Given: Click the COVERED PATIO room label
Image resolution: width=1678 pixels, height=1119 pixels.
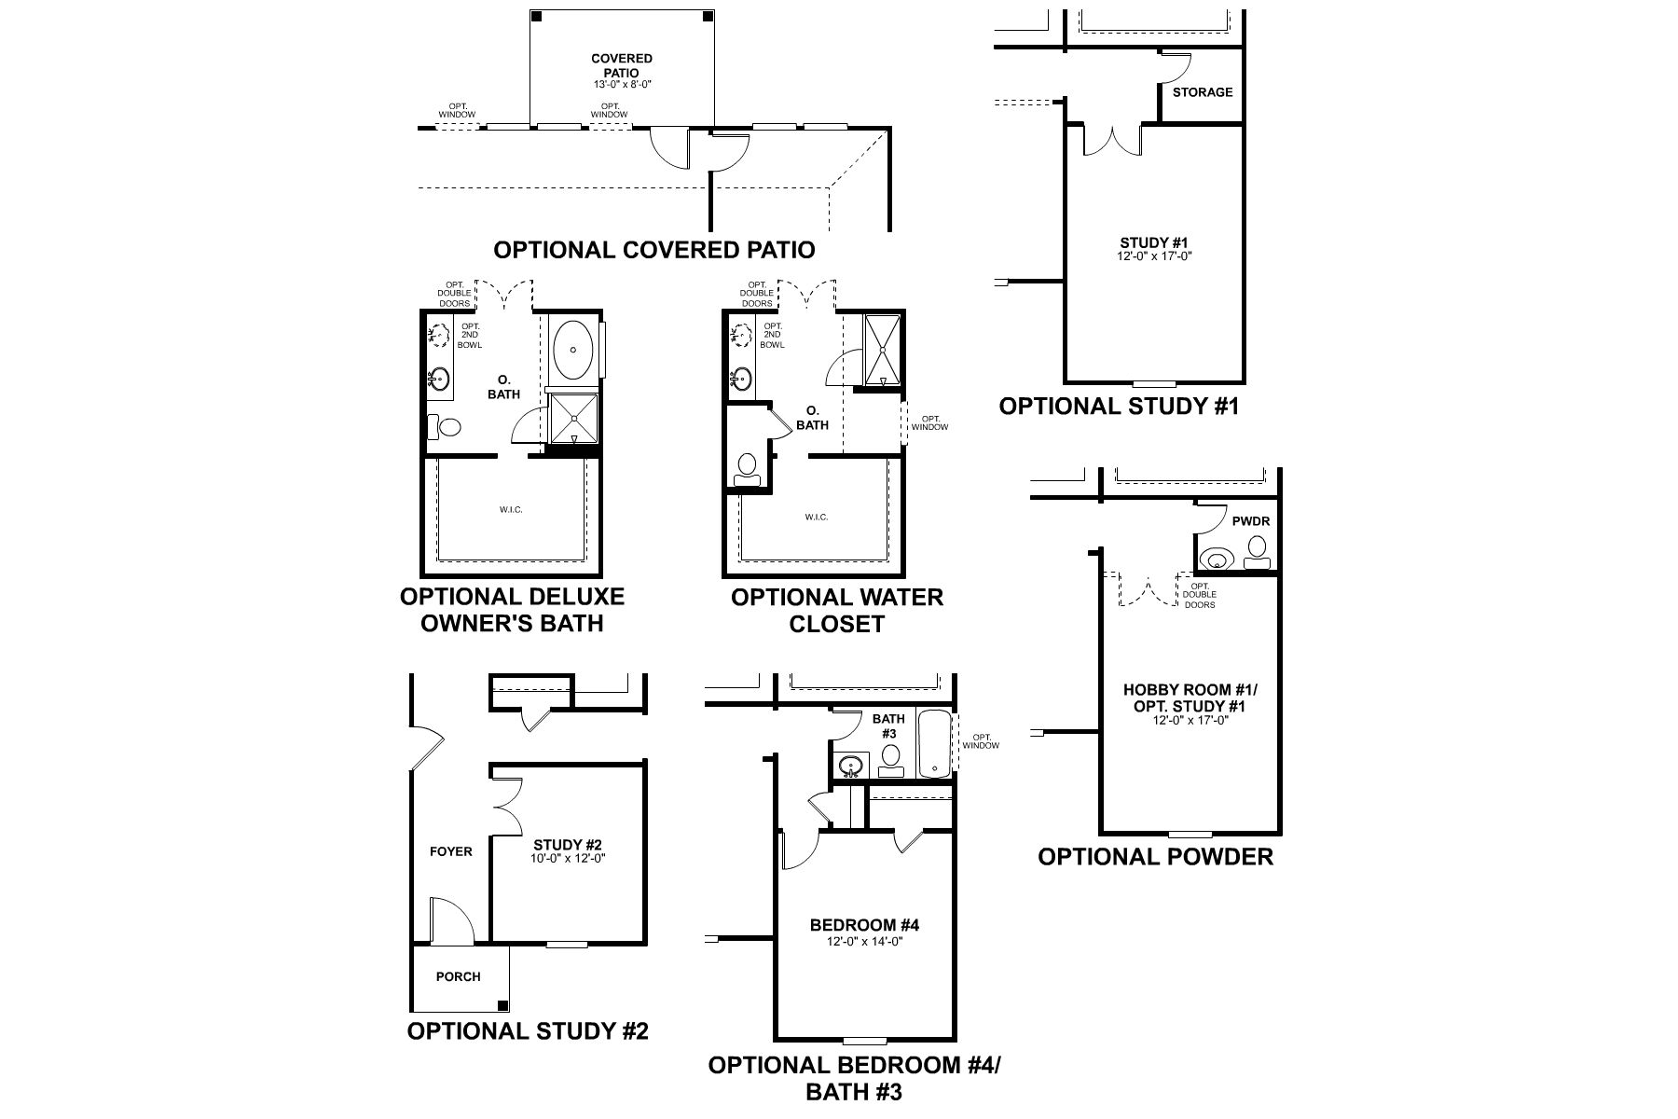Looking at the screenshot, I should click(622, 65).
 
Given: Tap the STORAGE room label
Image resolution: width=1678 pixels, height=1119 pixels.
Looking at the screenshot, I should click(1202, 92).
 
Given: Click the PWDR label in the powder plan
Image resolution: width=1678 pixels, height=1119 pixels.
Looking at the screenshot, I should click(1250, 521).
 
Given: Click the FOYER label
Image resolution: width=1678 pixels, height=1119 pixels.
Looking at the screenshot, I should click(450, 851).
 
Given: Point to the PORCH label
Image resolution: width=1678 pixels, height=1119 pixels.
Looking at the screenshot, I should click(459, 976).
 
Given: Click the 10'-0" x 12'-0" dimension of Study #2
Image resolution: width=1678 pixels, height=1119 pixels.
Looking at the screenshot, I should click(569, 859).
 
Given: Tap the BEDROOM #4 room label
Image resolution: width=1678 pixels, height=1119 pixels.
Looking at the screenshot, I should click(864, 926).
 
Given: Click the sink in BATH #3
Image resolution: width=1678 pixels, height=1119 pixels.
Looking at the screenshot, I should click(850, 767).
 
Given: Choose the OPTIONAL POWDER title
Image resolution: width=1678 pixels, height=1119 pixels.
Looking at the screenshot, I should click(1155, 857).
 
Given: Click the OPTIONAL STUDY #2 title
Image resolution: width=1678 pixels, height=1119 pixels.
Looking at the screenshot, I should click(527, 1031).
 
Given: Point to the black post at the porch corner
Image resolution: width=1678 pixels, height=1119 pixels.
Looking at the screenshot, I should click(502, 1005).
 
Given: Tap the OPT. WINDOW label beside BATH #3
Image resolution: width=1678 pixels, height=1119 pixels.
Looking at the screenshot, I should click(979, 741).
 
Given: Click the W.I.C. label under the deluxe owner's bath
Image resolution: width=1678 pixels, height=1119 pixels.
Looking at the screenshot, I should click(510, 509).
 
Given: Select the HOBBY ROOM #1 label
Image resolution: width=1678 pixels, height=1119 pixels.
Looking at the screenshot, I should click(1190, 690).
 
